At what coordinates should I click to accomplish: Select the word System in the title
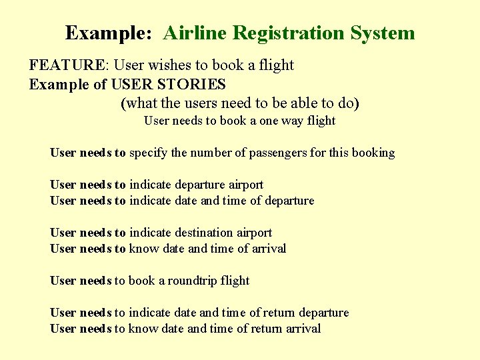pyautogui.click(x=385, y=33)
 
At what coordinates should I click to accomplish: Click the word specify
pyautogui.click(x=148, y=153)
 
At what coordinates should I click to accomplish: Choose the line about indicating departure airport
pyautogui.click(x=157, y=185)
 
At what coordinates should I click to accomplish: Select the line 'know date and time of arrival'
pyautogui.click(x=168, y=249)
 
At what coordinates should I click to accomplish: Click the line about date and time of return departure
pyautogui.click(x=199, y=313)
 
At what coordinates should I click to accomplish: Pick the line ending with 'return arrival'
pyautogui.click(x=185, y=329)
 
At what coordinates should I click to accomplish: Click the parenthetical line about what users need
pyautogui.click(x=240, y=103)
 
